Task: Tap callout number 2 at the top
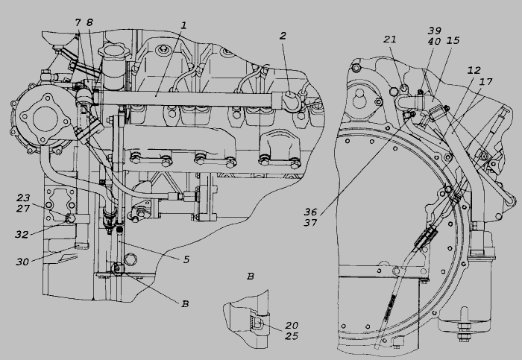tap(283, 35)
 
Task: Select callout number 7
tap(78, 22)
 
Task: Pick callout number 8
tap(89, 22)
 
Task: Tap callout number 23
tap(25, 198)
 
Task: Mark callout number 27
tap(25, 209)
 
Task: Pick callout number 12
tap(474, 69)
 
